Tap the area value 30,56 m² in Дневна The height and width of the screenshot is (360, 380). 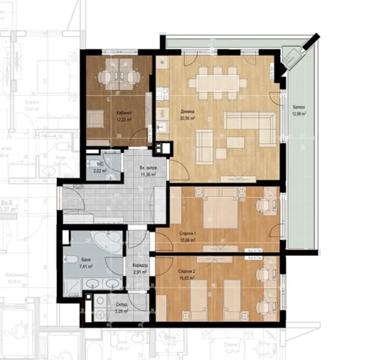186,119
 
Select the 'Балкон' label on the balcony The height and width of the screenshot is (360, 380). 299,108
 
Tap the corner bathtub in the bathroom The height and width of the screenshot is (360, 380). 107,242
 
